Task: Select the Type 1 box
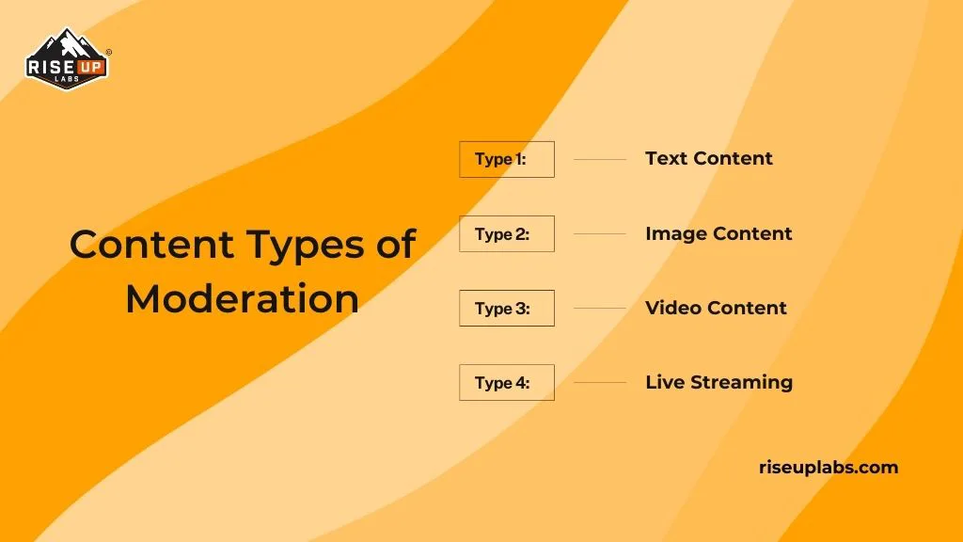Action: coord(506,159)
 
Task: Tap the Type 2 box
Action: coord(506,233)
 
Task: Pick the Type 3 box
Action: coord(506,308)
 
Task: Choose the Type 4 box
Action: coord(506,382)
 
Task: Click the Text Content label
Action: coord(708,158)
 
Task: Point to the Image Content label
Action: coord(718,233)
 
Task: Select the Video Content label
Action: coord(716,308)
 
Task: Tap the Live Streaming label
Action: coord(718,382)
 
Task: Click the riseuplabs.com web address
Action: coord(828,467)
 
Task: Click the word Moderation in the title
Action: coord(242,299)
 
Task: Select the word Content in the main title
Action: coord(150,245)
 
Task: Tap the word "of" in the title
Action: coord(394,245)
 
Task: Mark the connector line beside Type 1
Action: coord(599,159)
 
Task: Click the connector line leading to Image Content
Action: coord(599,233)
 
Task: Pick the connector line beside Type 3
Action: coord(599,308)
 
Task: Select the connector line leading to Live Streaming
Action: coord(599,382)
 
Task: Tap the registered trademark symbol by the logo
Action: coord(109,52)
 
